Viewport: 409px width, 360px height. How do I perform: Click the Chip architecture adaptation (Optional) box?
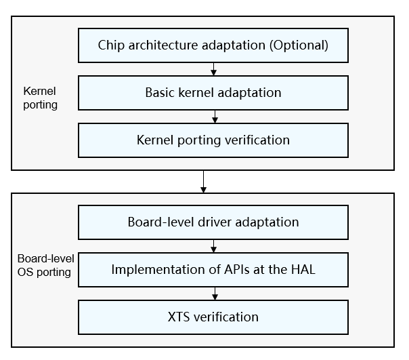pos(213,45)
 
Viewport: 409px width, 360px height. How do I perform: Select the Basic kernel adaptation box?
pos(213,93)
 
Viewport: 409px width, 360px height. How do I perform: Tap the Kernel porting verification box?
pos(213,140)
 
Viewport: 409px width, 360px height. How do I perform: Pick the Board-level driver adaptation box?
pos(213,222)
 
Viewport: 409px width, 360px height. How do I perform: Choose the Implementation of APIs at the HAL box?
pos(213,270)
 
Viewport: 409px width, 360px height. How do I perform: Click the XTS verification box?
pos(213,317)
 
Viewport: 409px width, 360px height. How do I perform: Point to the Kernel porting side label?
pos(40,98)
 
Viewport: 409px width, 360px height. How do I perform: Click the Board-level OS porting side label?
pos(45,265)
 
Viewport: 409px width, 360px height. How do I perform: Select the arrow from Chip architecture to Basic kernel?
pos(213,69)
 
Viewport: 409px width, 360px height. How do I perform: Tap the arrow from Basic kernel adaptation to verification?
pos(215,117)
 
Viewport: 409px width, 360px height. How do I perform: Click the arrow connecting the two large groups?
pos(203,182)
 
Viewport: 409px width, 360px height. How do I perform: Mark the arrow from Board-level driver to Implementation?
pos(213,246)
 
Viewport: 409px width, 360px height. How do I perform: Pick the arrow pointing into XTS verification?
pos(215,294)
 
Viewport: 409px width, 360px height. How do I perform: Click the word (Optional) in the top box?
pos(299,45)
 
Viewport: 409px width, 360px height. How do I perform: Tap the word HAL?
pos(303,269)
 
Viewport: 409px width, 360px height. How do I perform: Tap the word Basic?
pos(160,92)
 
